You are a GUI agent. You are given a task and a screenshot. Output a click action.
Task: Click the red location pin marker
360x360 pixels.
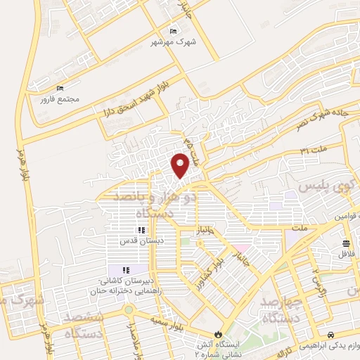pos(181,165)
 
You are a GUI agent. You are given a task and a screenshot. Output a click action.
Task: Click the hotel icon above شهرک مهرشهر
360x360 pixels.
pos(174,32)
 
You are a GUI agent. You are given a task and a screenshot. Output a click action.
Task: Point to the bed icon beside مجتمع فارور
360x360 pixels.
pos(60,88)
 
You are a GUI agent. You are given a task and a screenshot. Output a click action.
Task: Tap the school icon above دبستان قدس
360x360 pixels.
pos(141,230)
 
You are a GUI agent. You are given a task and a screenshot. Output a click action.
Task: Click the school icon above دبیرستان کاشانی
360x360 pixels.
pos(126,270)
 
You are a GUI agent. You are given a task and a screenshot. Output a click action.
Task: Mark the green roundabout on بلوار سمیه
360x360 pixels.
pos(128,309)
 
